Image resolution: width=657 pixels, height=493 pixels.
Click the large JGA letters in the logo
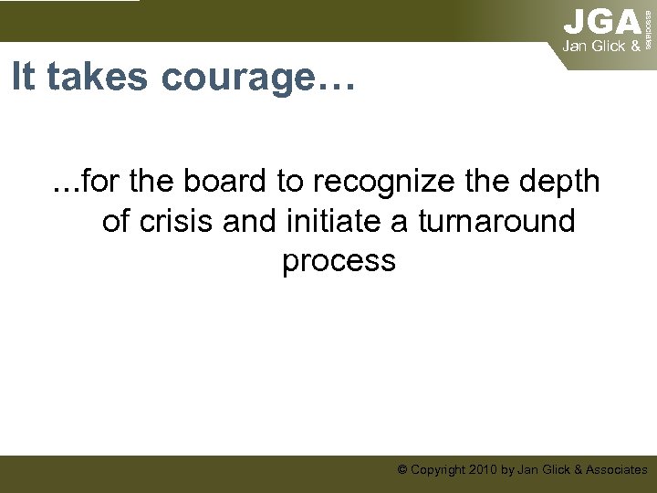[602, 21]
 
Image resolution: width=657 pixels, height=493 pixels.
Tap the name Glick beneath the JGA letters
[608, 45]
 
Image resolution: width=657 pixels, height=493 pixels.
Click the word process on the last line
[339, 261]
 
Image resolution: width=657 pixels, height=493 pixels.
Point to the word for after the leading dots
[102, 182]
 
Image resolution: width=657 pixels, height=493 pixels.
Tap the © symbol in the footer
[402, 470]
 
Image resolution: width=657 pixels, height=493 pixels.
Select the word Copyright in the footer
[435, 470]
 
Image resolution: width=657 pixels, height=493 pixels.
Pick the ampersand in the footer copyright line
[575, 470]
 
